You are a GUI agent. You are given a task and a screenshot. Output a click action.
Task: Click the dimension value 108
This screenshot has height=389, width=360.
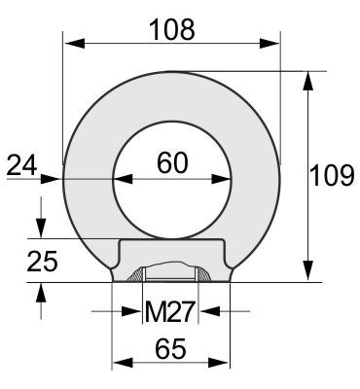point(172,29)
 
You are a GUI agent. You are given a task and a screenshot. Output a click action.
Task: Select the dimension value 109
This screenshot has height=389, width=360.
point(332,175)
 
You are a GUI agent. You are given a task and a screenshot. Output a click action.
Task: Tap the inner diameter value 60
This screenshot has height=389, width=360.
point(172,162)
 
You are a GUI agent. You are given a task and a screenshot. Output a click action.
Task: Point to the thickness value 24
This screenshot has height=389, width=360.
point(21,165)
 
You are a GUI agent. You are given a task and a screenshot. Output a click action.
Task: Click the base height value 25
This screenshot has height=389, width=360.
point(42,261)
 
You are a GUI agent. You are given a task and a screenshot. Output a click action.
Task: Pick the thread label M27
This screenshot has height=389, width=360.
point(170,311)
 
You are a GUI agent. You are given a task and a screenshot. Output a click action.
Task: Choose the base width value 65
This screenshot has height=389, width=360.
point(171,349)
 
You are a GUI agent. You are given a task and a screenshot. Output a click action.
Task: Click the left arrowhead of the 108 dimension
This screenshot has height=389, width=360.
point(75,43)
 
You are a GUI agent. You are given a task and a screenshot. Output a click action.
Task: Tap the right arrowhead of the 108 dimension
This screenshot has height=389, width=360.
point(270,43)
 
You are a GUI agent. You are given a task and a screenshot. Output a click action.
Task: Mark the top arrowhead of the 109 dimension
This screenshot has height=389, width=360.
point(308,81)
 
